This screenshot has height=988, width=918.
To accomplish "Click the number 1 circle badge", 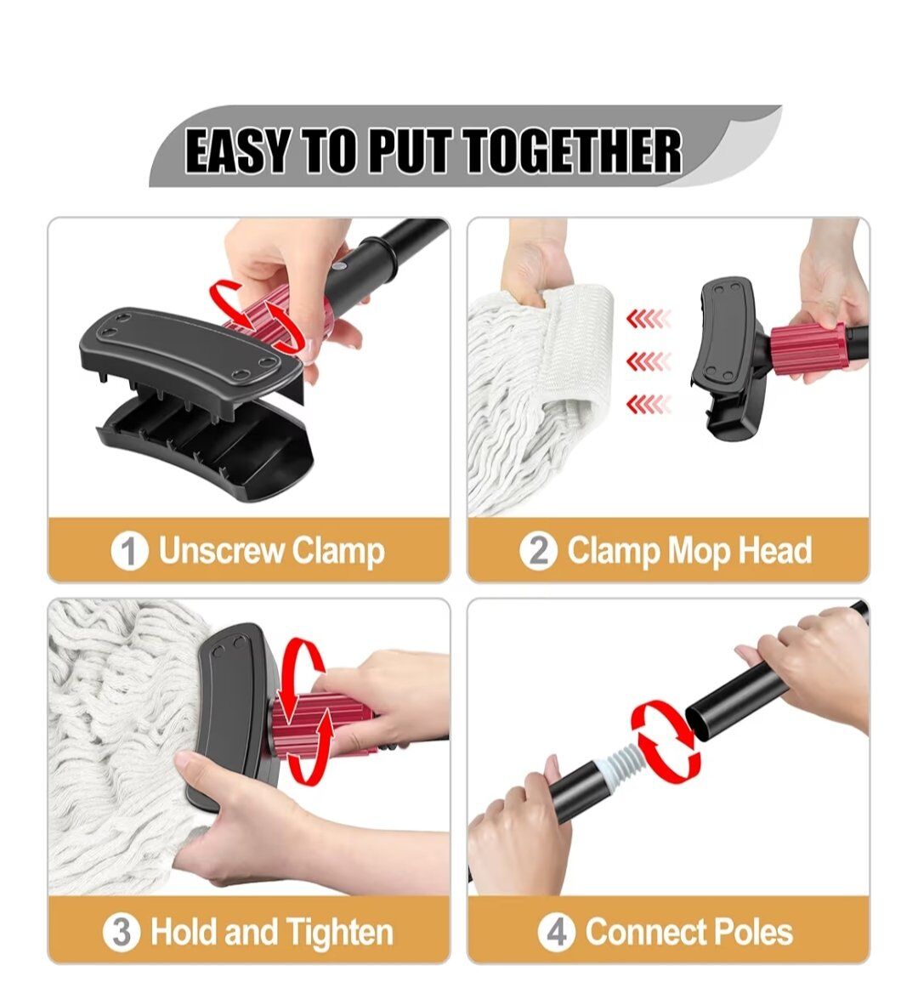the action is click(x=129, y=551).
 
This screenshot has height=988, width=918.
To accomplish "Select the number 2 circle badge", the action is click(x=538, y=551).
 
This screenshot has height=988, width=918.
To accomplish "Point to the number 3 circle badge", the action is click(x=122, y=932).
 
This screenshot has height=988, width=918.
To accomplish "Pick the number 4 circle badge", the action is click(x=557, y=932).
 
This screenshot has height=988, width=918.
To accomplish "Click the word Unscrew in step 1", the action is click(x=221, y=550).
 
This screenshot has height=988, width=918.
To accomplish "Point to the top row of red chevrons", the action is click(x=649, y=320).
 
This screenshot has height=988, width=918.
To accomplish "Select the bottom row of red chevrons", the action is click(x=649, y=404).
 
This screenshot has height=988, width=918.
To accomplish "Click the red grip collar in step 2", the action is click(x=807, y=349).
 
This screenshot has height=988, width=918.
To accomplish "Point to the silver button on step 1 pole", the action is click(x=341, y=267).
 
